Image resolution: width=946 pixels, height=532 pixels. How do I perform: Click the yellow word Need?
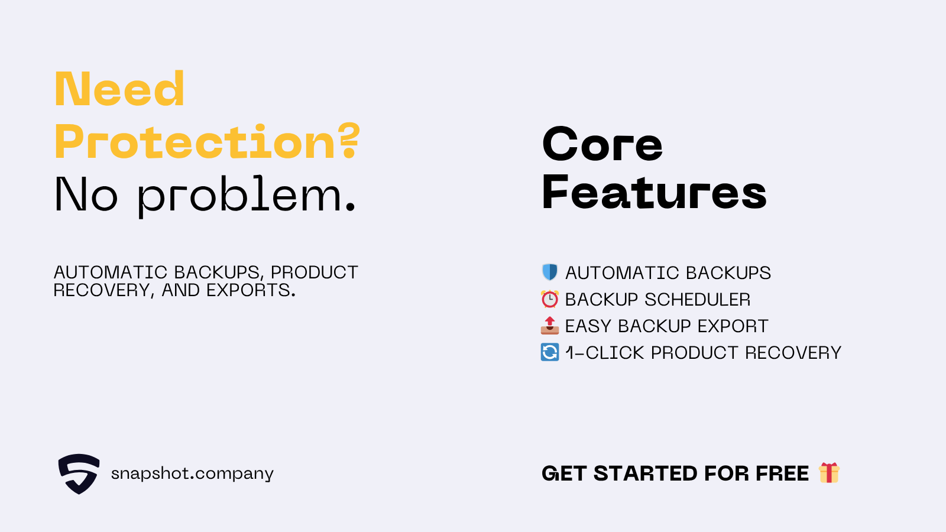click(119, 89)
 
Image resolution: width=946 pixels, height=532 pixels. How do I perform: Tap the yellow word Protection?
click(195, 142)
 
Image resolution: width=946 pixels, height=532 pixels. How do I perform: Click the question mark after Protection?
click(349, 141)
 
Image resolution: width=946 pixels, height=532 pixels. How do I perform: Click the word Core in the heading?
click(602, 144)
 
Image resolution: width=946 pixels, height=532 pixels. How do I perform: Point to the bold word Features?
click(654, 193)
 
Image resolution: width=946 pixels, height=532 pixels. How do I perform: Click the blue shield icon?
click(550, 273)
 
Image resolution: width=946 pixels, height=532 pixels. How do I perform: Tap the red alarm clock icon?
click(550, 299)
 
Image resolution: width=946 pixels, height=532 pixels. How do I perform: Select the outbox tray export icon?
click(550, 326)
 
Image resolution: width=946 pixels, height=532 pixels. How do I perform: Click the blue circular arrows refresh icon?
click(550, 352)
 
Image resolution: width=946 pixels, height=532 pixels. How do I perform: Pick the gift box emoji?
click(829, 472)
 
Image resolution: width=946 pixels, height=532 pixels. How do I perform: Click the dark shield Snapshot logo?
click(79, 473)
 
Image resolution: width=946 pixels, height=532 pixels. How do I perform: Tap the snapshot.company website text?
click(192, 473)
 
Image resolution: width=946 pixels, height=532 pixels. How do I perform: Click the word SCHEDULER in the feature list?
click(697, 299)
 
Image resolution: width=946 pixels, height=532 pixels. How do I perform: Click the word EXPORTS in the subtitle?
click(251, 290)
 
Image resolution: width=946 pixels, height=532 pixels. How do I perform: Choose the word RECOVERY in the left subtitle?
click(102, 290)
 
